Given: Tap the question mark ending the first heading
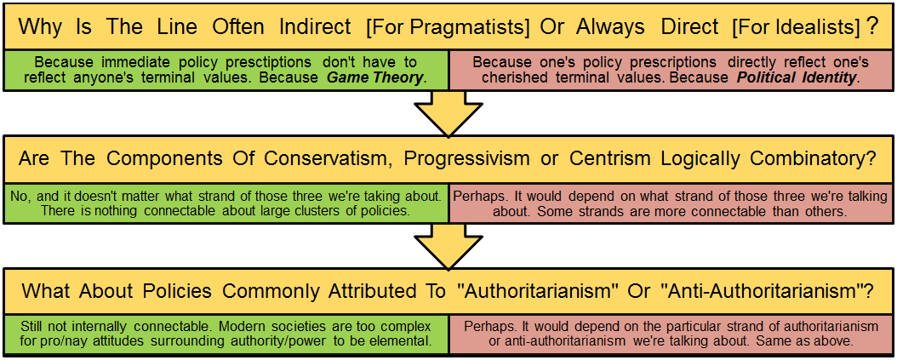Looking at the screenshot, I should tap(871, 26).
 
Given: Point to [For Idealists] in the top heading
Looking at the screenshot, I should tap(796, 26).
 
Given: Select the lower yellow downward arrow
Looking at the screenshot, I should tap(448, 246).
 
